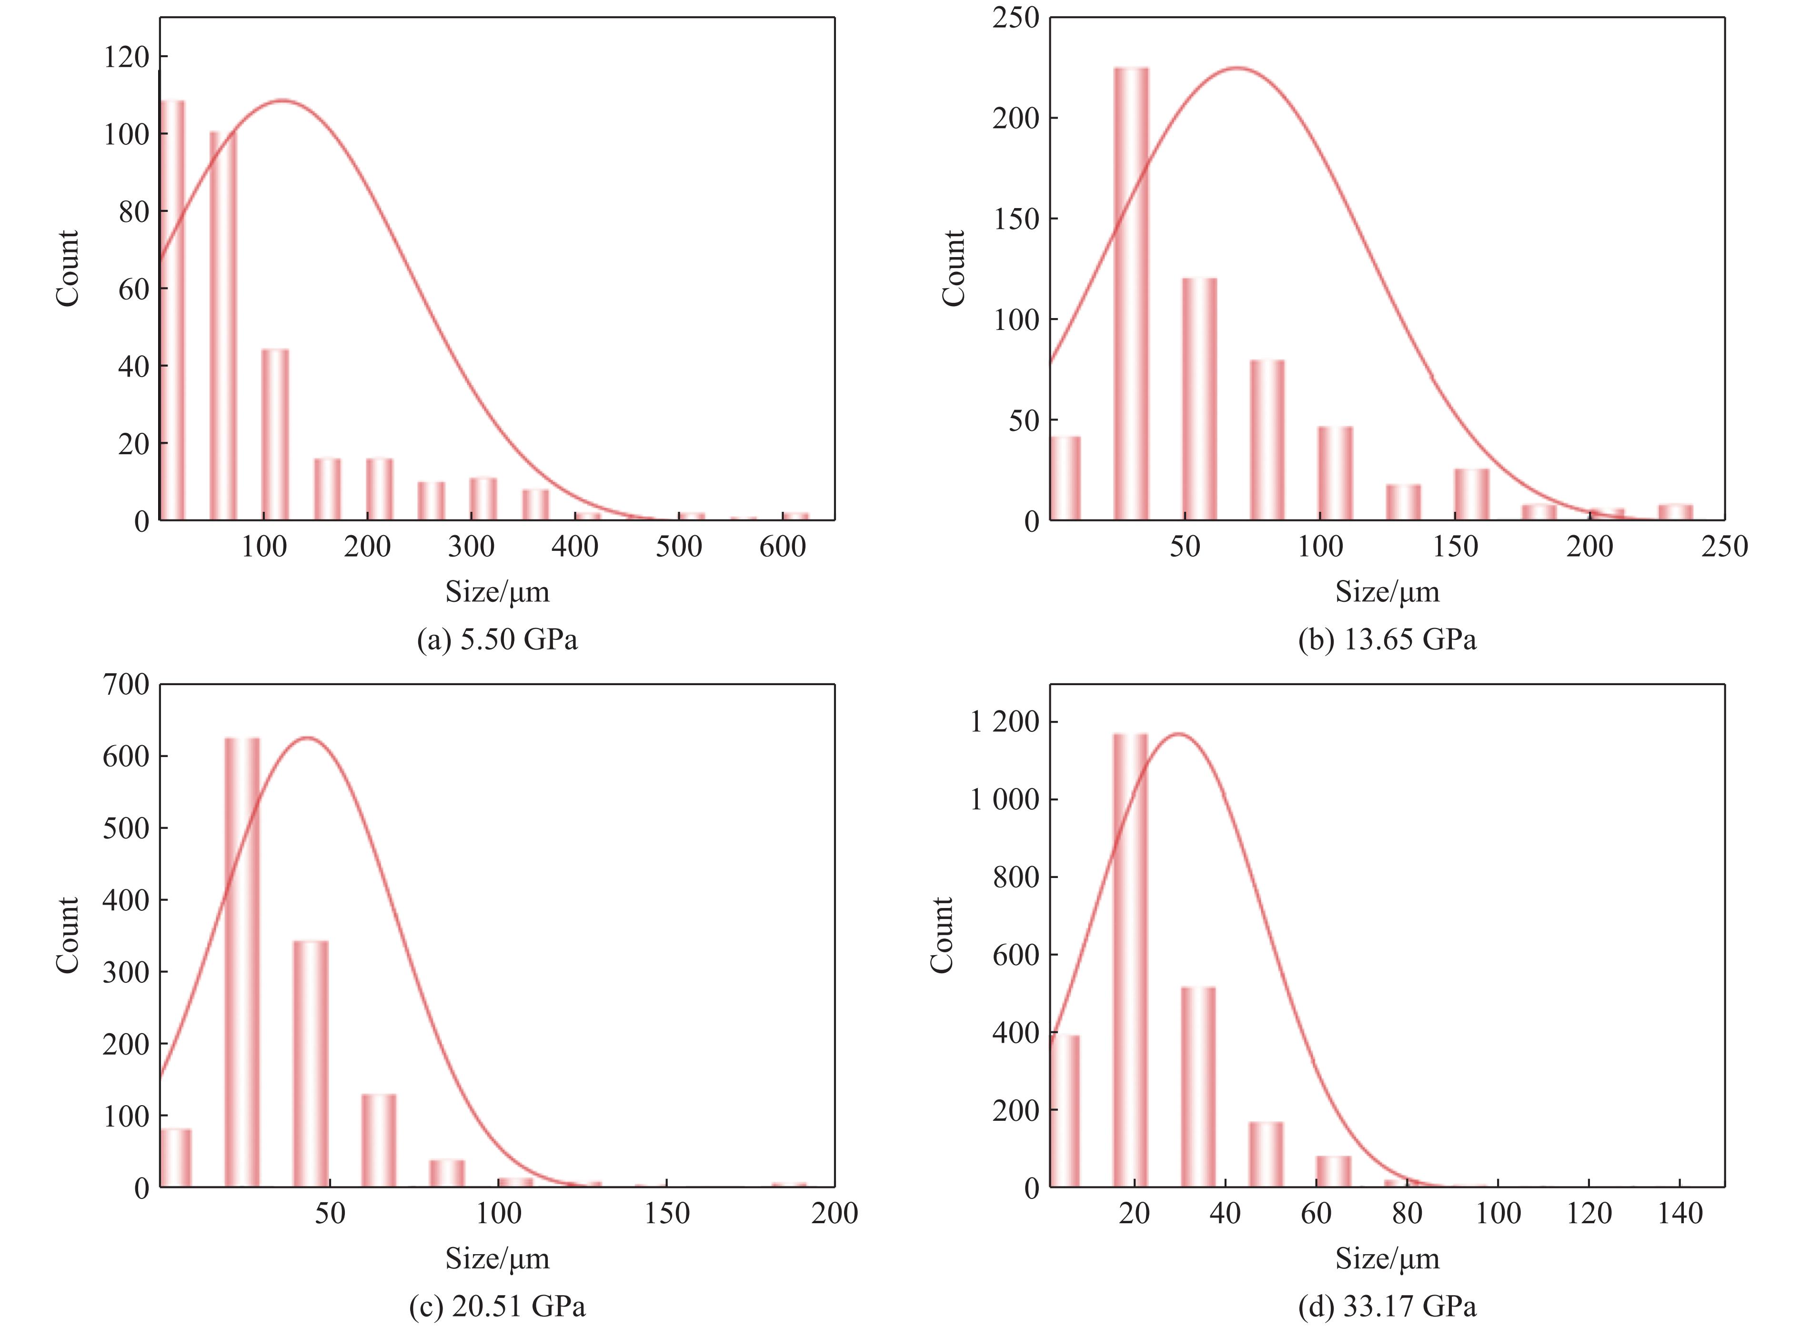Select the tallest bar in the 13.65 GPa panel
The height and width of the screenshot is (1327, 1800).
pos(1131,294)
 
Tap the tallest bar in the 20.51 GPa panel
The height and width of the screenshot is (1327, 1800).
pos(242,962)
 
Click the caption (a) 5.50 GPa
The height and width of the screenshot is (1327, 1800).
pos(497,639)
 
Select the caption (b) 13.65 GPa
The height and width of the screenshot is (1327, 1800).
pos(1387,639)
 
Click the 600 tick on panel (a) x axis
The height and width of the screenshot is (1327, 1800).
pos(783,547)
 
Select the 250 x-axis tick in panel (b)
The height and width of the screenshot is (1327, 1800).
pos(1724,547)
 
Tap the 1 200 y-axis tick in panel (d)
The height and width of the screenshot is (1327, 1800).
pos(1005,722)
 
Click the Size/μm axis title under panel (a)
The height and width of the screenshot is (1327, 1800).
pos(497,592)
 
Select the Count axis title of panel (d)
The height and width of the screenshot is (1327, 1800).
pos(942,935)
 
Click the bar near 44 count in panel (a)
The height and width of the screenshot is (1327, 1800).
pos(275,435)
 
